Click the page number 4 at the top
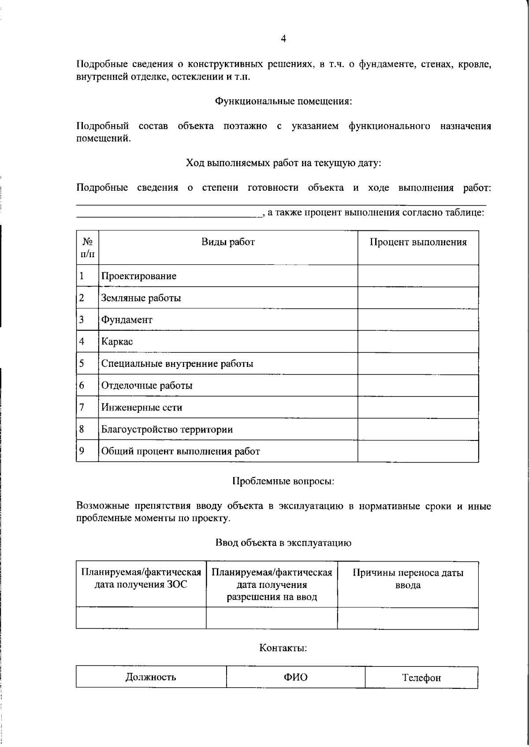point(283,39)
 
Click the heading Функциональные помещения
point(283,101)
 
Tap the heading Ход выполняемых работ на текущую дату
point(283,163)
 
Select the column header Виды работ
point(228,242)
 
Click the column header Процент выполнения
point(418,242)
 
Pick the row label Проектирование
point(139,276)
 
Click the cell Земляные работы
point(141,298)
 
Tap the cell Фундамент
point(127,320)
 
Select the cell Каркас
point(117,342)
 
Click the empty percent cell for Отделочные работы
point(418,385)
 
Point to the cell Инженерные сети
point(142,407)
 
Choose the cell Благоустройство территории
point(167,429)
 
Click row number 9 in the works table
point(82,451)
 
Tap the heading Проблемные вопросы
point(283,481)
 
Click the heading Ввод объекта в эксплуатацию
point(283,543)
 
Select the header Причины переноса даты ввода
point(408,579)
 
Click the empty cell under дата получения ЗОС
point(141,618)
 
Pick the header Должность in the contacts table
point(151,677)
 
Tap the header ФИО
point(295,677)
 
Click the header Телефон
point(421,678)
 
